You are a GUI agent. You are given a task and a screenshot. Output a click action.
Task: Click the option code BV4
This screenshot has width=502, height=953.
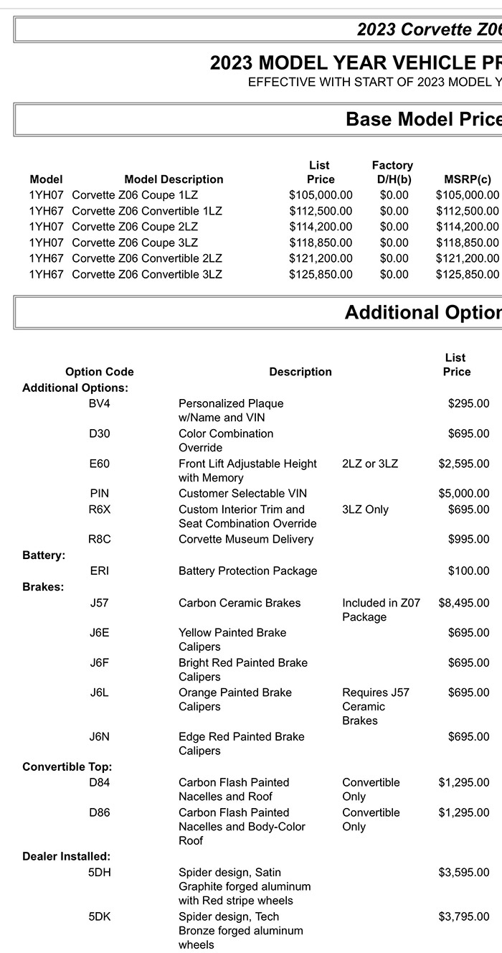tap(100, 403)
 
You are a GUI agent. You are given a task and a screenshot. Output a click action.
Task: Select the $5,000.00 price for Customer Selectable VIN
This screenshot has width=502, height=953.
tap(464, 494)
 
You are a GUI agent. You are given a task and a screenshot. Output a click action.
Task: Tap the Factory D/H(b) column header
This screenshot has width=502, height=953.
tap(392, 172)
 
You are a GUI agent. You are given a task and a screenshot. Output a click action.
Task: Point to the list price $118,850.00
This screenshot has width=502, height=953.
tap(321, 243)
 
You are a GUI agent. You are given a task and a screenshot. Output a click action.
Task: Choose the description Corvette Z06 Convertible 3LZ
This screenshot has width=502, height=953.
tap(147, 274)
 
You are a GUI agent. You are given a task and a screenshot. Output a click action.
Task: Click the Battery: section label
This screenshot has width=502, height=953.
tap(44, 555)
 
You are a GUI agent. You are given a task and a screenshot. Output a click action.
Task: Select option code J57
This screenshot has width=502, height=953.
tap(100, 603)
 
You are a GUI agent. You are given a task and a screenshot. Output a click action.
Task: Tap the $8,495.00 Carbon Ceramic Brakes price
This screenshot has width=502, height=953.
tap(464, 603)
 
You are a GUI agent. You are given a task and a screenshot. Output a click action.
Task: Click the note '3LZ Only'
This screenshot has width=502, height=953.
tap(365, 510)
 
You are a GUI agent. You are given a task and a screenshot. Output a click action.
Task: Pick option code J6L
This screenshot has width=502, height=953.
tap(100, 693)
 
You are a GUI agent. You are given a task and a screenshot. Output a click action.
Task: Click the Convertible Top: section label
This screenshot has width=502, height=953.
tap(67, 766)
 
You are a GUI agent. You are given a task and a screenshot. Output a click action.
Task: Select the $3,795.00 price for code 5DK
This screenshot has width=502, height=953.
tap(464, 916)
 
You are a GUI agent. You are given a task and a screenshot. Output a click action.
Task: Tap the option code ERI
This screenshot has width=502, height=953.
tap(100, 571)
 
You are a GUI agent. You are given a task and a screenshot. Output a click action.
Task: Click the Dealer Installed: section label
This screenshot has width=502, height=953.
tap(67, 856)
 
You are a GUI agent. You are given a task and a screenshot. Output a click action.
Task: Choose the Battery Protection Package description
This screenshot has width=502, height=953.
tap(247, 571)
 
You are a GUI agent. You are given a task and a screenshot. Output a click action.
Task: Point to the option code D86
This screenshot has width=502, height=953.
tap(100, 812)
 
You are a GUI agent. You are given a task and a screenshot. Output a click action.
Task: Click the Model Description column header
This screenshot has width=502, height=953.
tap(174, 179)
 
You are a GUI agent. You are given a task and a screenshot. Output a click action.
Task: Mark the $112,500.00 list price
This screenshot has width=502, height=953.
tap(321, 211)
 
